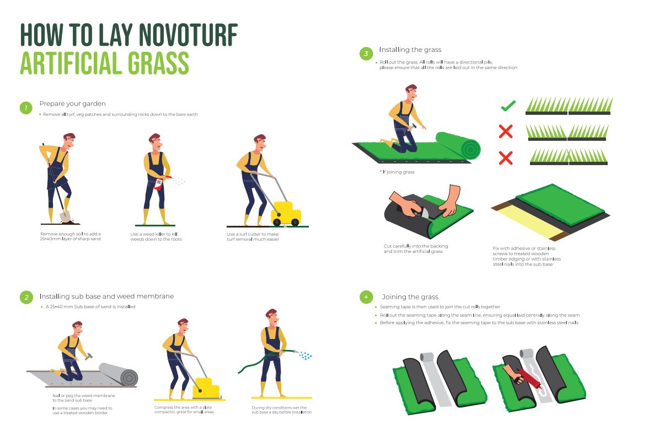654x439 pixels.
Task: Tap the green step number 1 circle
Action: pos(26,108)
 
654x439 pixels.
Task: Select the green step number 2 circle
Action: pos(26,298)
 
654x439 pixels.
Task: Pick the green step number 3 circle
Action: pos(366,54)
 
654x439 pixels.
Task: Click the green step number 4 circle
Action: pos(366,297)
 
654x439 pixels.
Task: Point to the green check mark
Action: pos(508,105)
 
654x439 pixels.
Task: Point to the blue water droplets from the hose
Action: pos(305,356)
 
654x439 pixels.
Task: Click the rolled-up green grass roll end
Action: pos(470,149)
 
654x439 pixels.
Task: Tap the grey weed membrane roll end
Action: pos(129,378)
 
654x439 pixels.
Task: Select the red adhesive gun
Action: pos(530,378)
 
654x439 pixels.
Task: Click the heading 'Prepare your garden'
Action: pos(73,104)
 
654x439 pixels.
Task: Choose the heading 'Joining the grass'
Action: pos(410,297)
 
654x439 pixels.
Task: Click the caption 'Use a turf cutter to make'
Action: pos(253,234)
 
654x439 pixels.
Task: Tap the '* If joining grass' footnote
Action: pos(397,172)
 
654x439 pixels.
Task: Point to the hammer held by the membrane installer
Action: pos(88,356)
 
